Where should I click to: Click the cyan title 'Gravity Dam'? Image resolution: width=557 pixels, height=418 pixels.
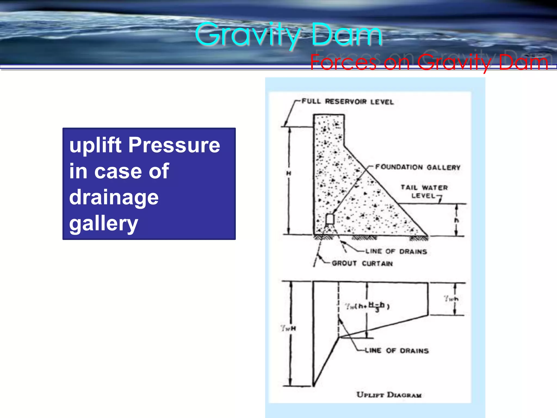288,35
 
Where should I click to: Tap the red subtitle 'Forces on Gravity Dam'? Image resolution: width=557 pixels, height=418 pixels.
429,62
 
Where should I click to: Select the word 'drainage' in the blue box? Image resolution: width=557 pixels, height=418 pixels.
114,197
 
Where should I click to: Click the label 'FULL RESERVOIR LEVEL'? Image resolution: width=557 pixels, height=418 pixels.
348,102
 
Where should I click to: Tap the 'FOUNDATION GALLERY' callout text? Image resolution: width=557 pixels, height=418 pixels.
417,167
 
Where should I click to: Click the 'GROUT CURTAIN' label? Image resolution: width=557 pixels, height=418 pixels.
362,263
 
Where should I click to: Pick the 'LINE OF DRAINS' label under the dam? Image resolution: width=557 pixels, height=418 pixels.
396,251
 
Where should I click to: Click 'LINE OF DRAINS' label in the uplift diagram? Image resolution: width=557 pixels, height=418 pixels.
397,351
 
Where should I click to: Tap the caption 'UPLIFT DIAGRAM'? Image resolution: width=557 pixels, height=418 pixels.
389,395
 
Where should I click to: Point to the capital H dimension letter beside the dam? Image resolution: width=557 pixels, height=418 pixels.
289,173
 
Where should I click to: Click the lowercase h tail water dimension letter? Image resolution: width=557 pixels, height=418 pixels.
456,220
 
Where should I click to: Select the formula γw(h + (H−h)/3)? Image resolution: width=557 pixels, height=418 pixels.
367,306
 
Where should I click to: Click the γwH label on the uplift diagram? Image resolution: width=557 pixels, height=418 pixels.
288,328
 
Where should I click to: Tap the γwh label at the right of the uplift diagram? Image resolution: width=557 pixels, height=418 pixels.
451,299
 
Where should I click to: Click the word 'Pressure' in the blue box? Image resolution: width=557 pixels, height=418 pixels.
174,145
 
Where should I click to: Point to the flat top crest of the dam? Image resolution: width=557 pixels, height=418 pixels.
329,115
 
